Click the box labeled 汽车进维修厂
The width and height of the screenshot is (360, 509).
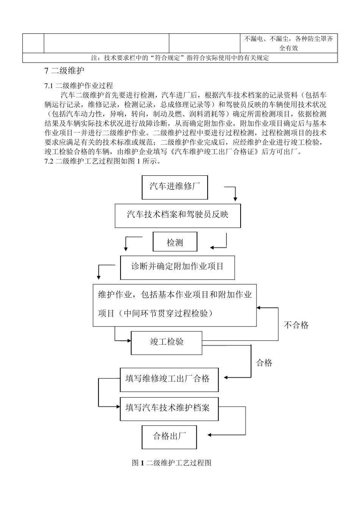click(x=175, y=187)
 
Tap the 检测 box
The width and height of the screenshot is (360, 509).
click(x=175, y=242)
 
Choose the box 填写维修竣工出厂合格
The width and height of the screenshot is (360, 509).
click(x=169, y=379)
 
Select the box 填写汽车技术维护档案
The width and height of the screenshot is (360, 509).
click(x=169, y=408)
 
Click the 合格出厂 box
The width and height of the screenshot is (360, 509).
click(x=169, y=437)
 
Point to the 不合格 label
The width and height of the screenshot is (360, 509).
click(x=296, y=325)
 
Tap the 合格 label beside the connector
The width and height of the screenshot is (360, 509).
click(x=264, y=363)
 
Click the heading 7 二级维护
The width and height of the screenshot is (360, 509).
click(x=64, y=70)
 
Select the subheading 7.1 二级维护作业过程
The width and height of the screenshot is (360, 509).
click(x=79, y=86)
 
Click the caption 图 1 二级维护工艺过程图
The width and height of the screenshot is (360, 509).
click(x=171, y=463)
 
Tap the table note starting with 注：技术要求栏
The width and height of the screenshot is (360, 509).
click(x=180, y=58)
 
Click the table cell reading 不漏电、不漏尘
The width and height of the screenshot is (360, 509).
click(x=288, y=43)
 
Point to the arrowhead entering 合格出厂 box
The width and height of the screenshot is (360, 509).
click(x=210, y=435)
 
